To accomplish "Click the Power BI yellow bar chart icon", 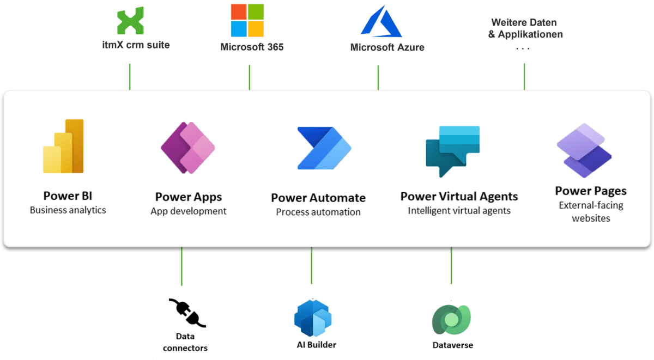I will pos(63,146).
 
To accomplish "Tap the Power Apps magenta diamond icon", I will pos(188,148).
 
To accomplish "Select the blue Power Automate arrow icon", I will pos(324,148).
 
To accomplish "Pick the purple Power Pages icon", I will pos(584,150).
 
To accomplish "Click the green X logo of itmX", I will pos(131,21).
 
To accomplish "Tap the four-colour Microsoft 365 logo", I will pos(247,20).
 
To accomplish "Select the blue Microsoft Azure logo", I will pos(380,21).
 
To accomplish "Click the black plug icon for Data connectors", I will pos(187,313).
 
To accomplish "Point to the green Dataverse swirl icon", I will pos(450,320).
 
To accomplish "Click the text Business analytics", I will pos(68,210).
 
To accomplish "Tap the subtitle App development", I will pos(189,211).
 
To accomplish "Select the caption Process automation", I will pos(318,212).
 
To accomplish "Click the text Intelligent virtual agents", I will pos(459,210).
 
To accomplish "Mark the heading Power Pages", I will pos(591,191).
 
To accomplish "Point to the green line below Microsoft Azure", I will pos(378,77).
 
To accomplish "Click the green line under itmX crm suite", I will pos(130,76).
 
